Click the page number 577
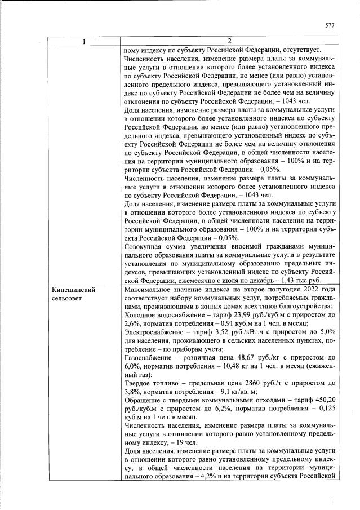[330, 25]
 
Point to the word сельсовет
[66, 299]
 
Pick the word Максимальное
[148, 290]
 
